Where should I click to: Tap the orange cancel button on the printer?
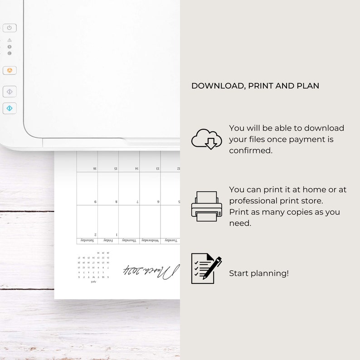[10, 70]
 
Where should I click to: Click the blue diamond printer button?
[10, 108]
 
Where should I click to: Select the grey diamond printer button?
[10, 92]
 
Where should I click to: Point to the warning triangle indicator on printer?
[10, 40]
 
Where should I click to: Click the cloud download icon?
[207, 139]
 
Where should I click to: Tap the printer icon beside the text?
[207, 206]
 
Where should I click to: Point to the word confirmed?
[251, 151]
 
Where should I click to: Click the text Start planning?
[259, 273]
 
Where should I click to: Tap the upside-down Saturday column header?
[88, 240]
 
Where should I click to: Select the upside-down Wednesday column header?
[150, 240]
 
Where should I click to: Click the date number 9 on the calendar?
[95, 202]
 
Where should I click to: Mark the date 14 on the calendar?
[136, 168]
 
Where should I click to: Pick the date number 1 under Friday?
[117, 235]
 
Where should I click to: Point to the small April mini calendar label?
[93, 282]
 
